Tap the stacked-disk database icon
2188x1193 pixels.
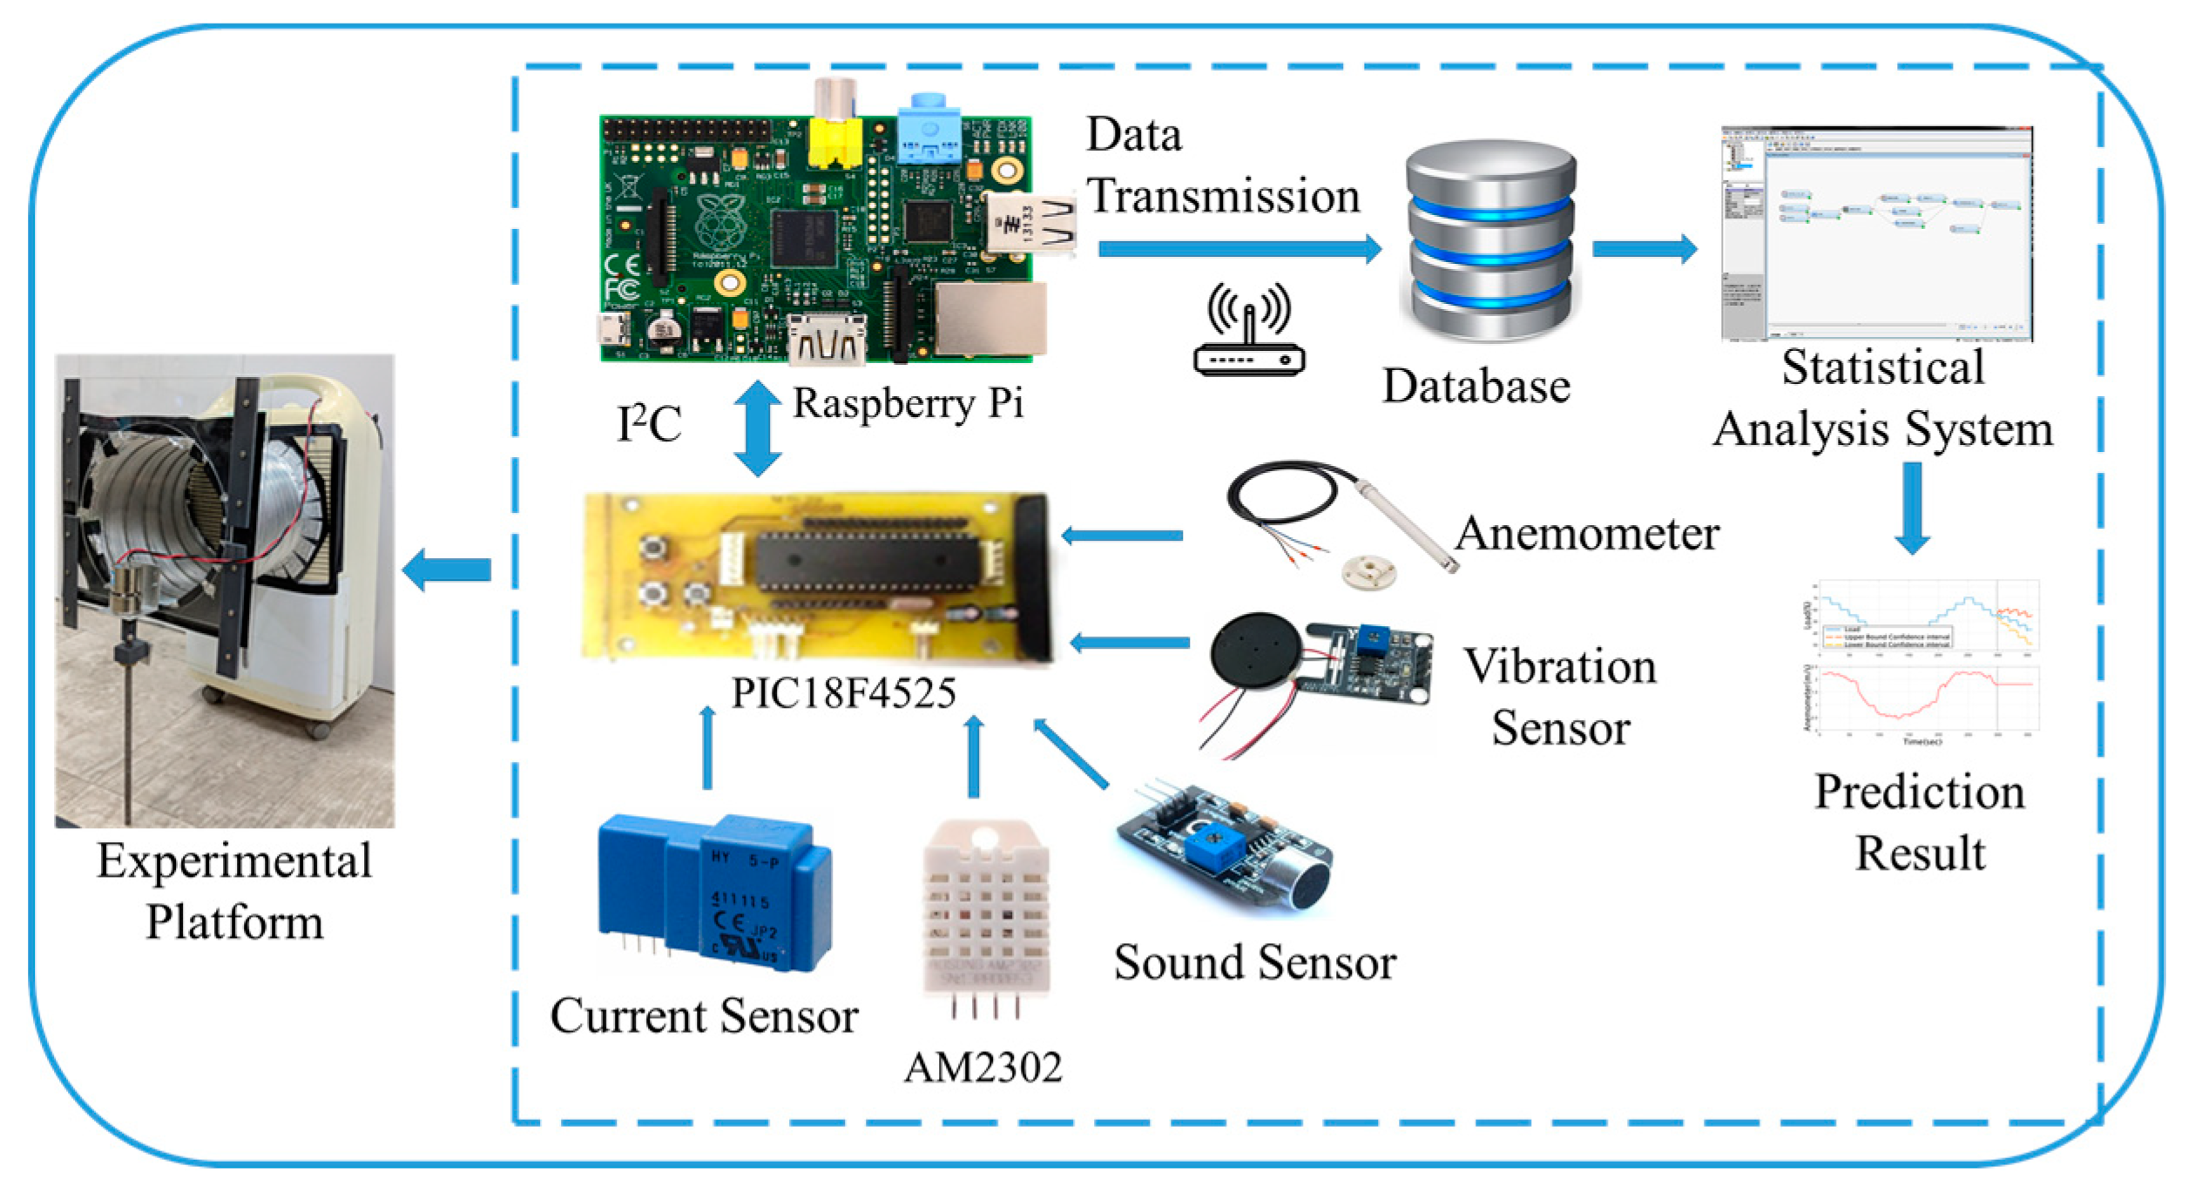1490,241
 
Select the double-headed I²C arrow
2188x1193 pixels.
756,428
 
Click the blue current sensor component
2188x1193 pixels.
713,892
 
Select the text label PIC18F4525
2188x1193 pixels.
843,693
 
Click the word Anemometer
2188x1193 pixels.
1587,533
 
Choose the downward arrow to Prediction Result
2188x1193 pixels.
1912,508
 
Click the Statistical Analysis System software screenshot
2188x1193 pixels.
1876,233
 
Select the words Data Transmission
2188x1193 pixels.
1221,165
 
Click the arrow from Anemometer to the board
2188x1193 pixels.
1122,536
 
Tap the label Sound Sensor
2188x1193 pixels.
1254,963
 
